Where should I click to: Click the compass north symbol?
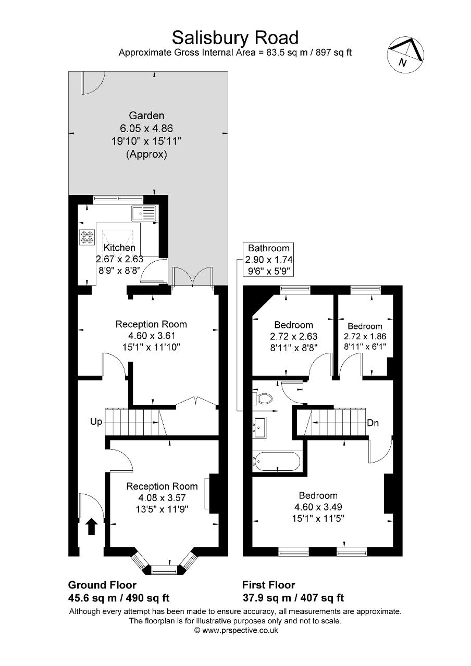(x=405, y=55)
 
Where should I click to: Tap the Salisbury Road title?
(x=235, y=38)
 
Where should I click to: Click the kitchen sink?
(x=143, y=213)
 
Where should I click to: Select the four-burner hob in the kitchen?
(x=88, y=237)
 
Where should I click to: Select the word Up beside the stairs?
(x=96, y=421)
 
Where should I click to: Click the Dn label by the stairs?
(x=373, y=423)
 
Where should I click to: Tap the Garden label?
(x=146, y=116)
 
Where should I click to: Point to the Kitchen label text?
(x=119, y=247)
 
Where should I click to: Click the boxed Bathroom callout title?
(x=268, y=248)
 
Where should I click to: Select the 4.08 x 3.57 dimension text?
(x=162, y=497)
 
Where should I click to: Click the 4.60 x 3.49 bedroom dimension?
(x=318, y=506)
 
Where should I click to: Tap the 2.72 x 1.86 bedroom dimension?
(x=365, y=336)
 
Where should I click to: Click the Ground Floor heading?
(x=102, y=585)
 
